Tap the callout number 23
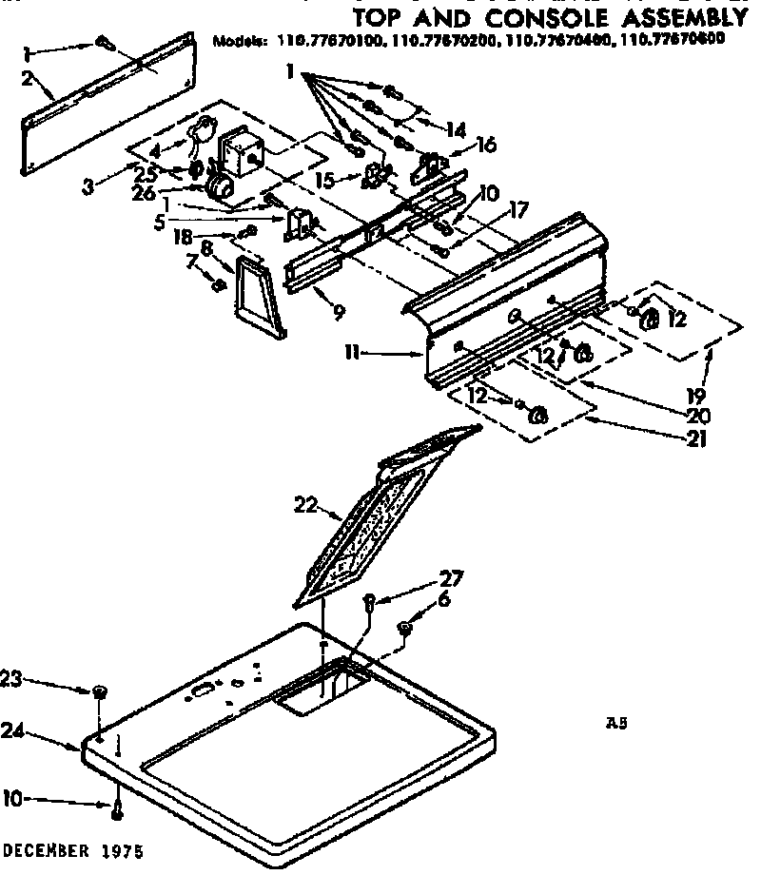coord(10,678)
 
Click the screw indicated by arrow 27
coord(371,601)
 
